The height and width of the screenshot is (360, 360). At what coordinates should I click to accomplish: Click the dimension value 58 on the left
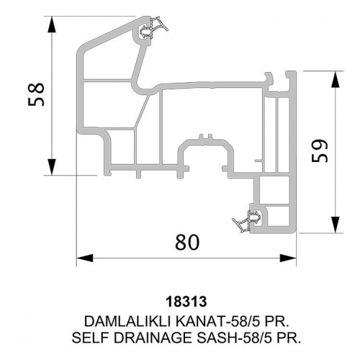pyautogui.click(x=36, y=94)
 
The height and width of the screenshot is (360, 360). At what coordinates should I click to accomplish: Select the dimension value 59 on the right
pyautogui.click(x=320, y=150)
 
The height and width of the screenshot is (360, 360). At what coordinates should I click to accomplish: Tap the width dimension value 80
pyautogui.click(x=187, y=242)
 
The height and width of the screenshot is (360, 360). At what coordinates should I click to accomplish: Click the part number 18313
pyautogui.click(x=186, y=302)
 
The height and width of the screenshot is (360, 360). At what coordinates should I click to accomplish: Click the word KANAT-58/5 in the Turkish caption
pyautogui.click(x=217, y=321)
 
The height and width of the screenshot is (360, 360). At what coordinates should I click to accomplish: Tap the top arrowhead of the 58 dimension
pyautogui.click(x=51, y=24)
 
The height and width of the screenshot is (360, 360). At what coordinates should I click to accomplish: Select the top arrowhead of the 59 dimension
pyautogui.click(x=336, y=79)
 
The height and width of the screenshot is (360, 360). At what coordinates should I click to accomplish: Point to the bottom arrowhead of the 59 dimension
pyautogui.click(x=336, y=225)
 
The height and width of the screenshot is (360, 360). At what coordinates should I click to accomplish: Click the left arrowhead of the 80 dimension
pyautogui.click(x=85, y=258)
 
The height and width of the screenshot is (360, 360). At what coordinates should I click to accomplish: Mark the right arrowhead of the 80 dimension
pyautogui.click(x=288, y=258)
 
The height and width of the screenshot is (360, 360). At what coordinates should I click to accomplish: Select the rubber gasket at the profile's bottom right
pyautogui.click(x=247, y=221)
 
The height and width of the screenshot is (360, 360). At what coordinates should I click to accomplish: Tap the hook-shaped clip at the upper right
pyautogui.click(x=269, y=80)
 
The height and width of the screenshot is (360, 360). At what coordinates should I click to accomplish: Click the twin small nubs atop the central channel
pyautogui.click(x=206, y=137)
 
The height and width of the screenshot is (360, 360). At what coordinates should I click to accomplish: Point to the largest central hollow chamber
pyautogui.click(x=211, y=113)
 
